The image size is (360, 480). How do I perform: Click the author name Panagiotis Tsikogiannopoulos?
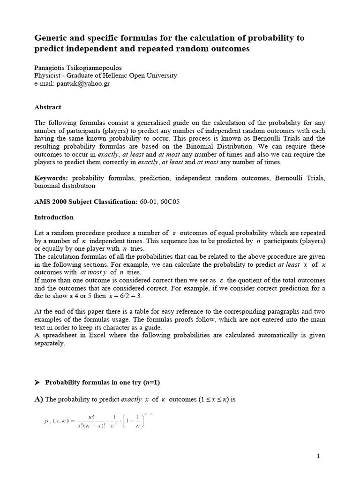(80, 67)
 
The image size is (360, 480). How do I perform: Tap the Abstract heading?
(47, 107)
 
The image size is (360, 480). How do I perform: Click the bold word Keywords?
(51, 178)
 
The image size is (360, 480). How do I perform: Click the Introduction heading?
(54, 217)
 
